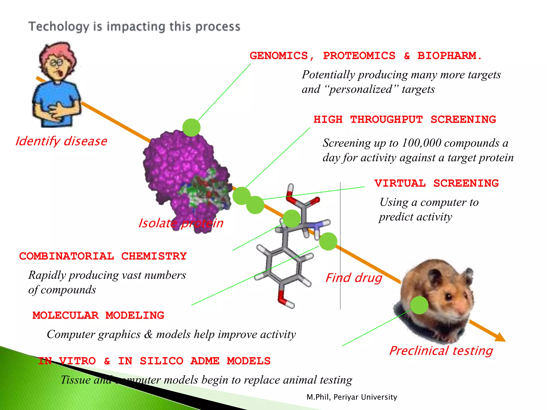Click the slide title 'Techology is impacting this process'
(134, 27)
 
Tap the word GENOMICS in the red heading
(279, 56)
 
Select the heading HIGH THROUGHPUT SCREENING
(405, 120)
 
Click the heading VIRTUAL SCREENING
(436, 183)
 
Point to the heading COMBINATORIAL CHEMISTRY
(103, 256)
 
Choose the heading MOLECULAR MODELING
(98, 316)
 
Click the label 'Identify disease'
(61, 141)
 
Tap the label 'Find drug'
(354, 278)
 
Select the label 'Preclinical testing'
(441, 351)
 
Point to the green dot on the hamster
(419, 305)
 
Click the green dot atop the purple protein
(191, 128)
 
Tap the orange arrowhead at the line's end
(500, 337)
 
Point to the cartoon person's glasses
(56, 63)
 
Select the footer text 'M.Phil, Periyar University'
(352, 397)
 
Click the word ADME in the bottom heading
(205, 361)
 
